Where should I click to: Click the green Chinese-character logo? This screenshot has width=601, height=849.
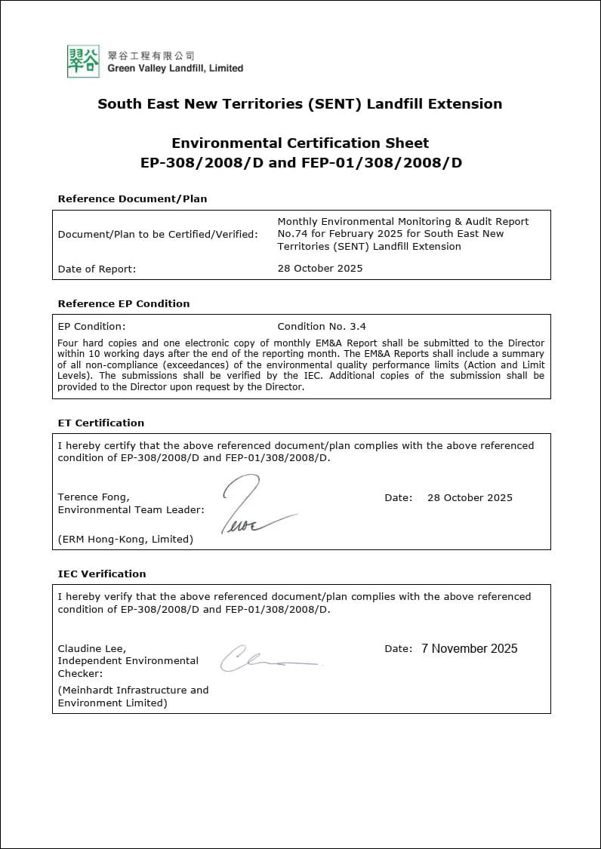[x=83, y=61]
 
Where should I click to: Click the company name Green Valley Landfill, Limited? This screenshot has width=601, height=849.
[x=175, y=68]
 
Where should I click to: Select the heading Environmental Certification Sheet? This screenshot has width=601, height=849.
[x=300, y=143]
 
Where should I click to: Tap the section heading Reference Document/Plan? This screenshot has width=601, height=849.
[x=132, y=198]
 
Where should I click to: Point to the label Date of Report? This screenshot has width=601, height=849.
[x=97, y=269]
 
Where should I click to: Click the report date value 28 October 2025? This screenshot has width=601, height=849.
[x=320, y=268]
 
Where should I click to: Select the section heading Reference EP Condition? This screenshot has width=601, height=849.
[x=124, y=303]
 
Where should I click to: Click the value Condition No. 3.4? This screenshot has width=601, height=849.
[x=322, y=327]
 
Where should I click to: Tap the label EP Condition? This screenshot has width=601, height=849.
[x=91, y=327]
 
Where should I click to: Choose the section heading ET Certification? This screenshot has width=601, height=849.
[x=100, y=423]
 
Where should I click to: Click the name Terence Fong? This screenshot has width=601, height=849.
[x=93, y=497]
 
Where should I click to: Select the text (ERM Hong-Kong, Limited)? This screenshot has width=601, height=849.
[x=125, y=539]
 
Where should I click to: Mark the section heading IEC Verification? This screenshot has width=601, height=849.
[x=102, y=574]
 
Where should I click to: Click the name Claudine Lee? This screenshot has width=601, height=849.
[x=92, y=648]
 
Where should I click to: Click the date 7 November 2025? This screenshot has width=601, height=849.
[x=470, y=648]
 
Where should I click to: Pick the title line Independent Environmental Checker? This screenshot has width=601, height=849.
[x=128, y=666]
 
